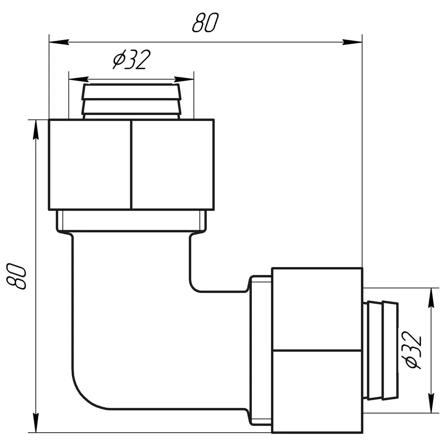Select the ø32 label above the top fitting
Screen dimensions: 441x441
130,61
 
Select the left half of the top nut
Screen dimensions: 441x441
90,164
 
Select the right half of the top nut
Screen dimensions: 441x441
172,164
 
